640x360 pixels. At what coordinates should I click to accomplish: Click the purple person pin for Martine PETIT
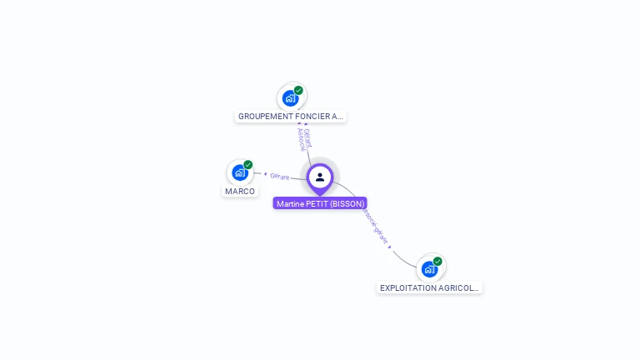(x=320, y=177)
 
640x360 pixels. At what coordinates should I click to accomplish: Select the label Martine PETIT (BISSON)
(x=320, y=203)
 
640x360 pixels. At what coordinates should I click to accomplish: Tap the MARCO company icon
(x=240, y=172)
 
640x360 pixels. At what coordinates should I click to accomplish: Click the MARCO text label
(x=240, y=192)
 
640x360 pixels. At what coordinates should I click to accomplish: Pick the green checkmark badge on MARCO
(x=248, y=165)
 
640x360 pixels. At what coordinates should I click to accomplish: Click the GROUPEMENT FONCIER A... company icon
(x=290, y=97)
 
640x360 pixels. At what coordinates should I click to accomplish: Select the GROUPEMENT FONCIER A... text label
(x=290, y=117)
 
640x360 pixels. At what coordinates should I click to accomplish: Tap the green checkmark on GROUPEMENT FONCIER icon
(x=298, y=90)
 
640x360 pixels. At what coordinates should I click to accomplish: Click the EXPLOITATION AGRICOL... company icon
(x=429, y=268)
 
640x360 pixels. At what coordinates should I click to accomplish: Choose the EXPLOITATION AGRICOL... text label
(x=429, y=287)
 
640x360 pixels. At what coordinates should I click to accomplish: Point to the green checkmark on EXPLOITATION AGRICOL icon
(x=437, y=261)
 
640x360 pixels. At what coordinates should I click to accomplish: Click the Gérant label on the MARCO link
(x=280, y=176)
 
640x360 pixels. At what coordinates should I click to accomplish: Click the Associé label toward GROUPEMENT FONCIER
(x=301, y=140)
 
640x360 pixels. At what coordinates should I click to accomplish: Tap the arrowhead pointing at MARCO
(x=265, y=174)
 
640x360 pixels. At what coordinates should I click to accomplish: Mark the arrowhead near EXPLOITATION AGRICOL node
(x=390, y=247)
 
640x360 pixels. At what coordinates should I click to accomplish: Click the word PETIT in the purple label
(x=317, y=203)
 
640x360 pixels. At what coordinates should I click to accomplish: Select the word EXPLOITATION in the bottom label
(x=407, y=287)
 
